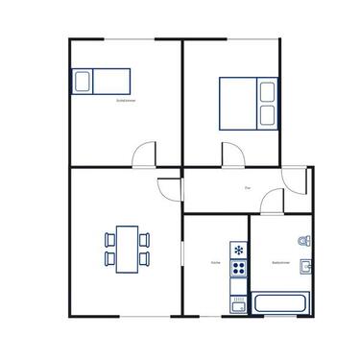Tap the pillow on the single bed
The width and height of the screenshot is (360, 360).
click(81, 82)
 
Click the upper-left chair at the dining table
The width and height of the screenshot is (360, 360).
click(108, 238)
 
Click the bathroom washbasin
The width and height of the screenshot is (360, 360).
click(307, 266)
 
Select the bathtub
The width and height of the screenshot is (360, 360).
click(280, 302)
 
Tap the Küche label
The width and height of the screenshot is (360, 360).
click(216, 261)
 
